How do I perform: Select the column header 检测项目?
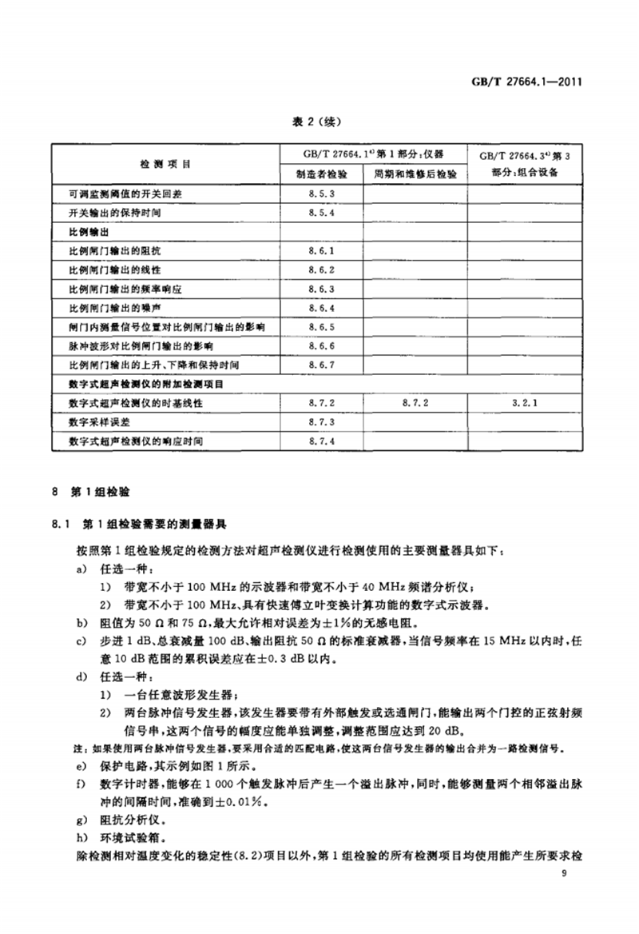pyautogui.click(x=165, y=164)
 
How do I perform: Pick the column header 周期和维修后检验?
pyautogui.click(x=415, y=174)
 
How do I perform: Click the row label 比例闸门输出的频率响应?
pyautogui.click(x=131, y=289)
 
